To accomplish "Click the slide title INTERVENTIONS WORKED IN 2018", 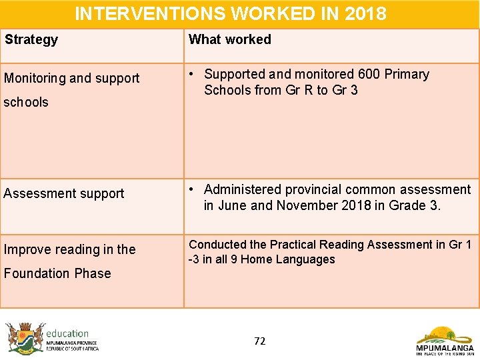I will [230, 13].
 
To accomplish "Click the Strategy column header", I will [31, 39].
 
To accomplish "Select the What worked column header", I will [230, 39].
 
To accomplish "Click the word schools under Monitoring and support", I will [26, 102].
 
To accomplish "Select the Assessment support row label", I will [64, 193].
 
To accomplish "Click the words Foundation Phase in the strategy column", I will [57, 273].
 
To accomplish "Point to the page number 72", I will [260, 341].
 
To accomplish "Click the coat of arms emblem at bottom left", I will [25, 337].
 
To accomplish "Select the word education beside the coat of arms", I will [67, 333].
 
